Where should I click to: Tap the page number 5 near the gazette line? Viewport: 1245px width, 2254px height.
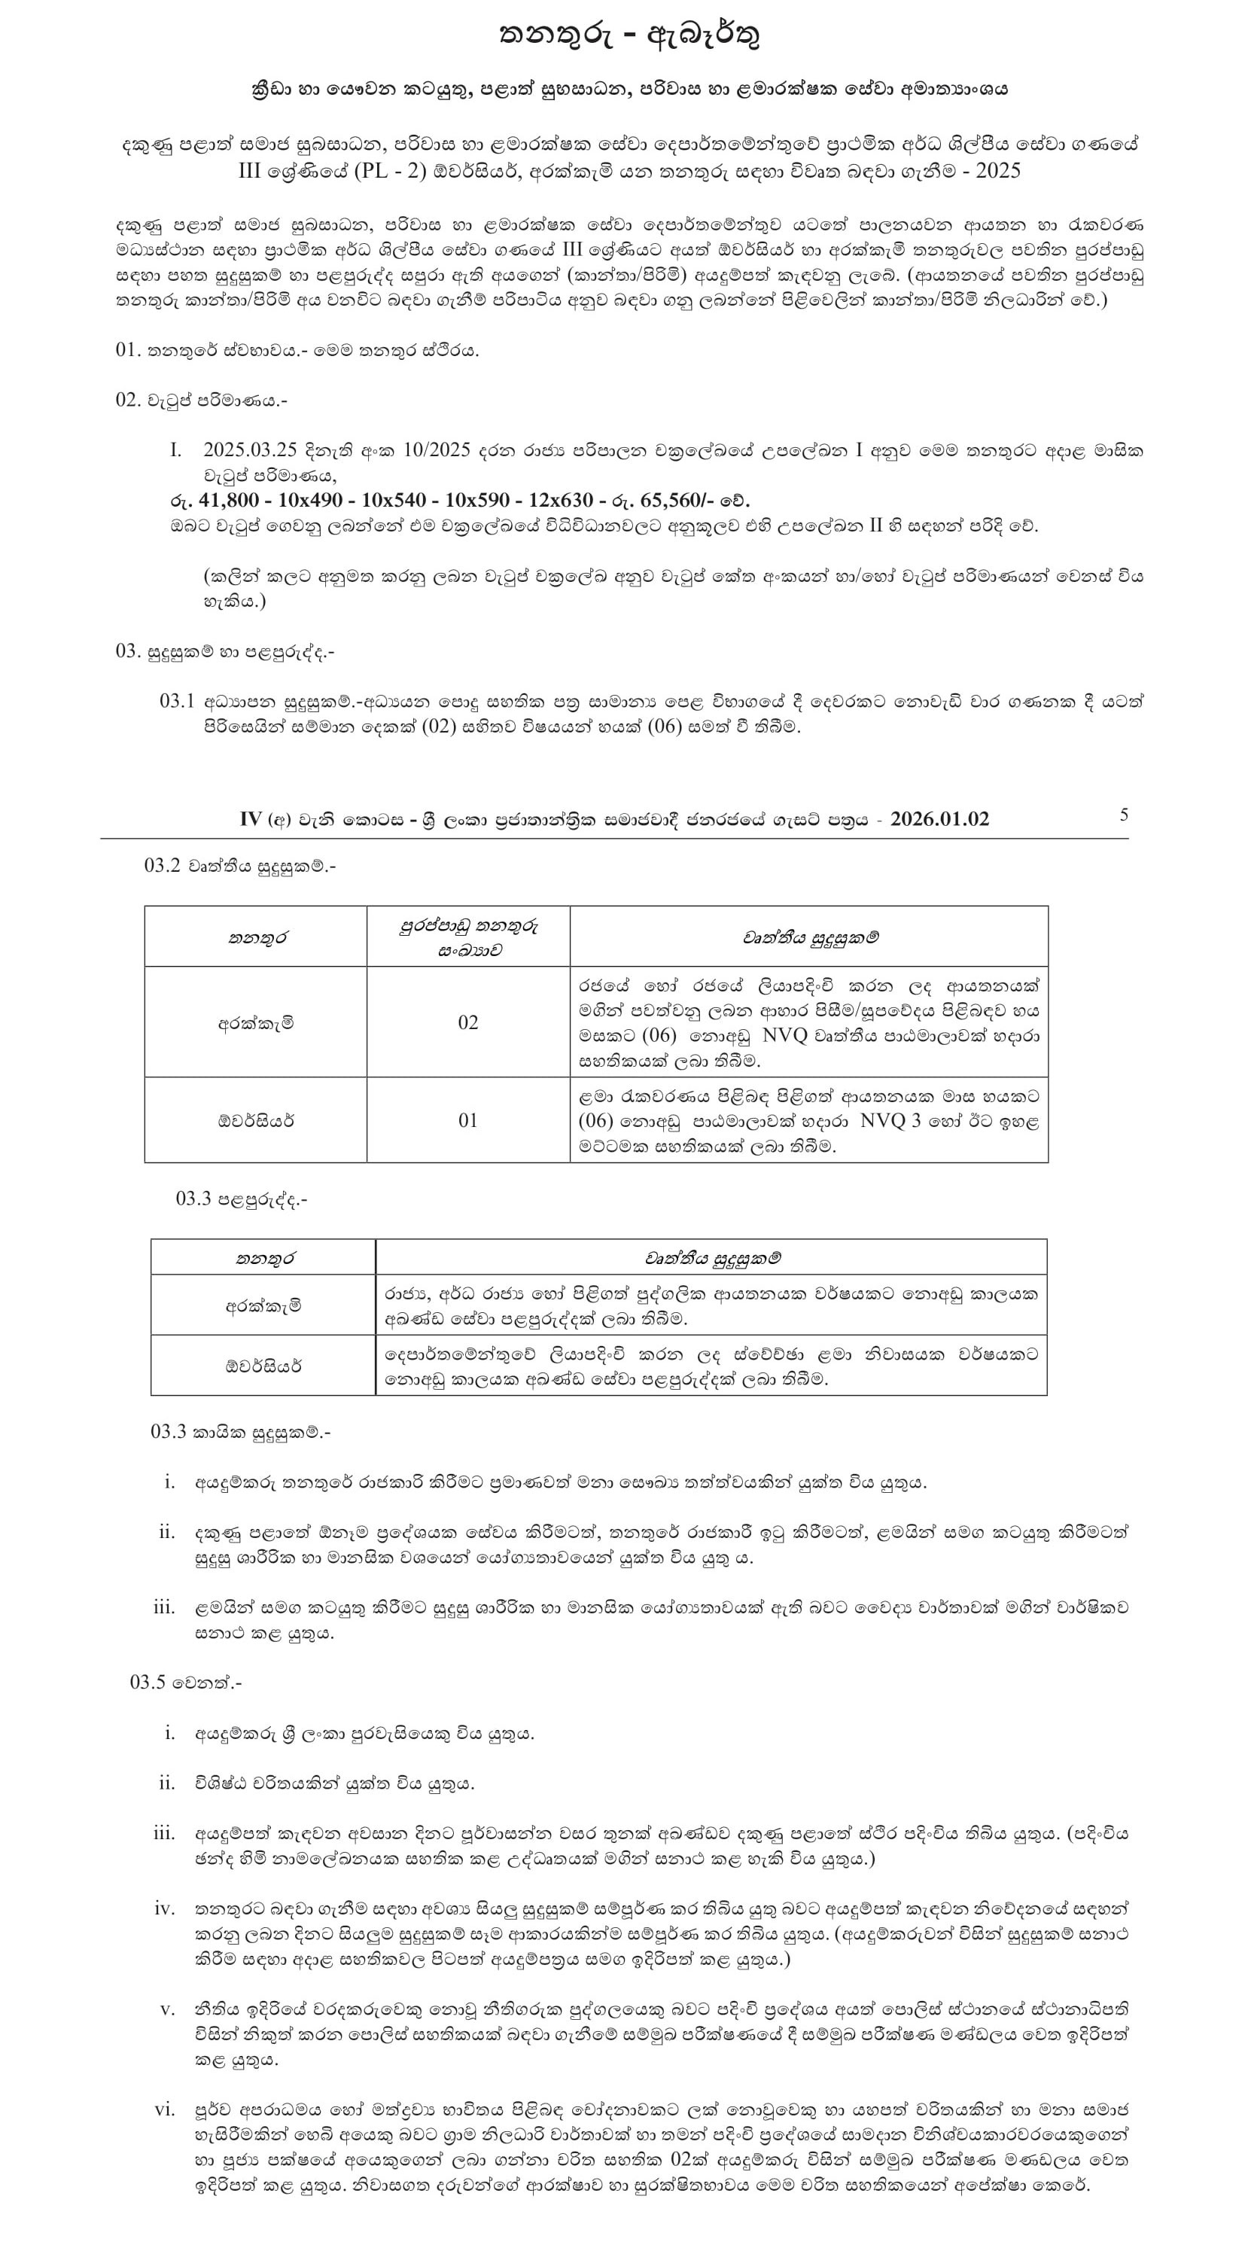pos(1123,815)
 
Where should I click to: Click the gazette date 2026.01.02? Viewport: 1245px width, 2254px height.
pos(939,819)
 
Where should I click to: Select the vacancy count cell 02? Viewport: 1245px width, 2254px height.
pos(468,1022)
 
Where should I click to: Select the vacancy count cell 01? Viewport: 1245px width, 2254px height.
pos(468,1120)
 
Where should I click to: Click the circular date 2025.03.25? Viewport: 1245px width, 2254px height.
pos(248,451)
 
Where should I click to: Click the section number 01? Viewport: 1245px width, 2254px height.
pos(128,350)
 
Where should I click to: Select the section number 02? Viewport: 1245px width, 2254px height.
pos(128,400)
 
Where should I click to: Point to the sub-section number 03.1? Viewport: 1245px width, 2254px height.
pos(177,701)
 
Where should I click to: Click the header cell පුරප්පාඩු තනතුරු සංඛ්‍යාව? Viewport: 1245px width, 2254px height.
pos(468,937)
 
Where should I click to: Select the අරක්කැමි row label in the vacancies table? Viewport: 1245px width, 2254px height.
pos(255,1022)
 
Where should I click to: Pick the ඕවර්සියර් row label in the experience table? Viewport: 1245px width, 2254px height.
pos(263,1365)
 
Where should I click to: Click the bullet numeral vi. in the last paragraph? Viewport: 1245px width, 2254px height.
pos(165,2109)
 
